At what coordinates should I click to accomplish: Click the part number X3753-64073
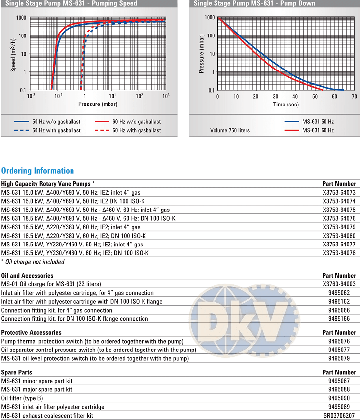click(339, 192)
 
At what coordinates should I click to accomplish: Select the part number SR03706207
click(339, 416)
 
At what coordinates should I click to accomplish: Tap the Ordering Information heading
click(38, 171)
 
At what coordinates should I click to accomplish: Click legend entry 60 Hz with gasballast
click(133, 130)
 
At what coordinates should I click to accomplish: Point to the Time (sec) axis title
click(286, 105)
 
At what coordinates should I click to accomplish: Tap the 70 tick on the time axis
click(354, 97)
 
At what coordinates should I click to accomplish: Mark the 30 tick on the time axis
click(276, 97)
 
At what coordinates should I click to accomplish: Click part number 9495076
click(339, 341)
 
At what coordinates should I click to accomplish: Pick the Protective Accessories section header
click(31, 332)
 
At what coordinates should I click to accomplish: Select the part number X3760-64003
click(339, 284)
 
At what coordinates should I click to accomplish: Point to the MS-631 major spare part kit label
click(37, 389)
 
